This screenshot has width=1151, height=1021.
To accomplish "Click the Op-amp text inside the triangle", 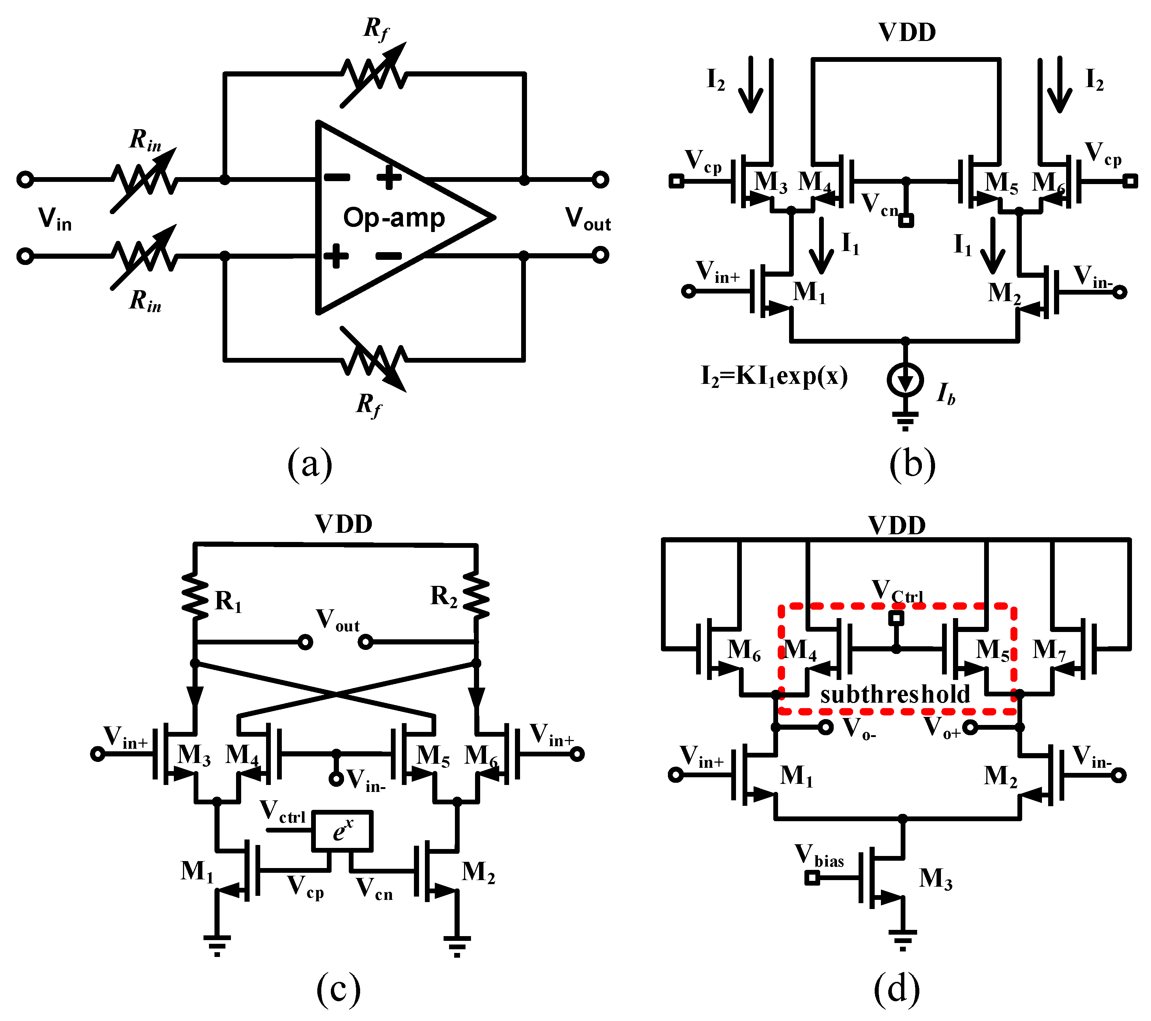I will [394, 217].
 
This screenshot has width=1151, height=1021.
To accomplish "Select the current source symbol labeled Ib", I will [905, 380].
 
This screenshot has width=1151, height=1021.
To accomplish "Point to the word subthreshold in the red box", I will [895, 694].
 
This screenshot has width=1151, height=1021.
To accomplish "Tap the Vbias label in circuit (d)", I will [819, 856].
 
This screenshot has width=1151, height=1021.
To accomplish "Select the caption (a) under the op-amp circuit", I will [310, 464].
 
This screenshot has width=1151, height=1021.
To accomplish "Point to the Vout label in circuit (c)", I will [337, 620].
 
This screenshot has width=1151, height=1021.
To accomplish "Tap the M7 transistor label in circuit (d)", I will [1049, 650].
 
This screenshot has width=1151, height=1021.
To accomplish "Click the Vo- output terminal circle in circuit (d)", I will [826, 727].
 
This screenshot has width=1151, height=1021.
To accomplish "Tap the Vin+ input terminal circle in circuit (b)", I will [688, 291].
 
